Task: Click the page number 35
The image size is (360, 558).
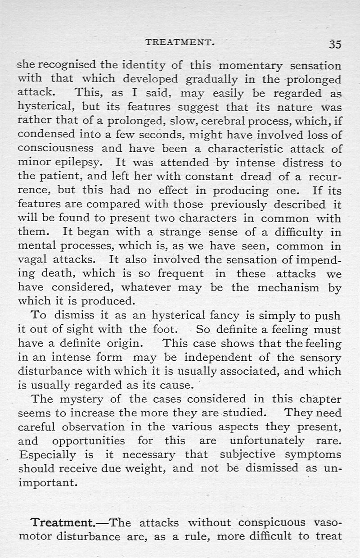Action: click(x=335, y=44)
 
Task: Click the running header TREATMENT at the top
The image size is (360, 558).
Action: click(x=180, y=43)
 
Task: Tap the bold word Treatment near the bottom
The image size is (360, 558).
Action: click(x=61, y=523)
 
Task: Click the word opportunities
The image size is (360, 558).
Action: click(x=88, y=440)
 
